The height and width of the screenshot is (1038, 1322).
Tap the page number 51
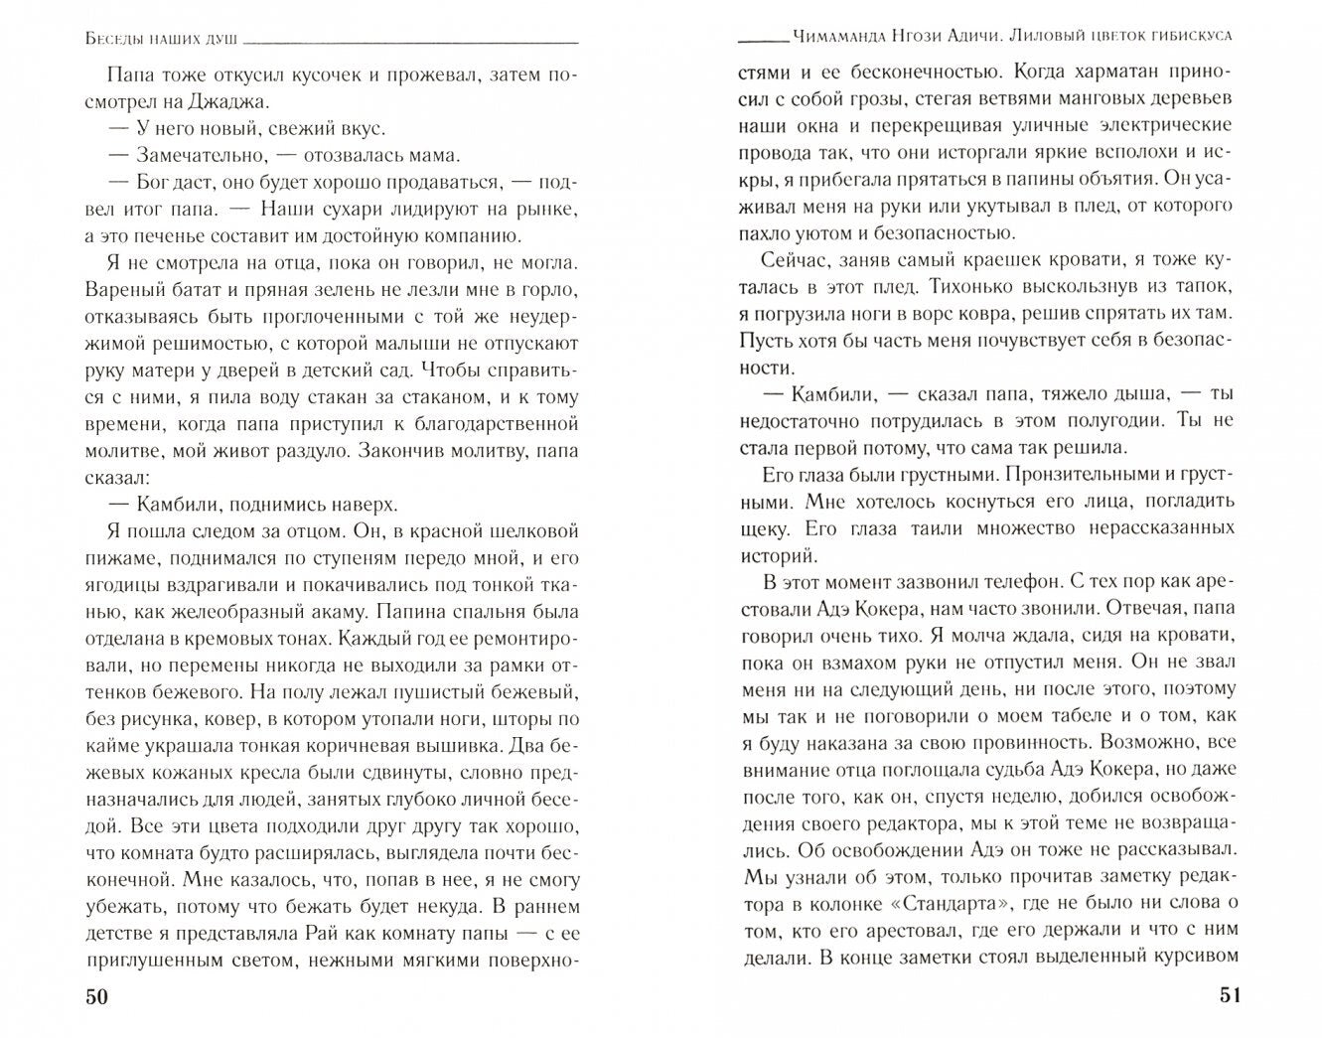point(1222,997)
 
